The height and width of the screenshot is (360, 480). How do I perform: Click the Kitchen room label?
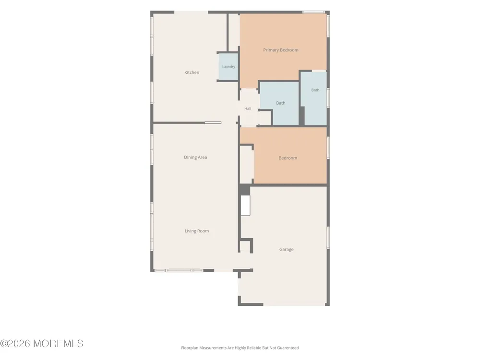pos(192,72)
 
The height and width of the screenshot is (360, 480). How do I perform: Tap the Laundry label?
pos(228,66)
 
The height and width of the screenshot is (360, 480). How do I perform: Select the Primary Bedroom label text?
pos(281,50)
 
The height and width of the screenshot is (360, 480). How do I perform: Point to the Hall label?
pos(248,108)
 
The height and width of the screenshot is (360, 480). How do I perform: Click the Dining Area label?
pos(195,157)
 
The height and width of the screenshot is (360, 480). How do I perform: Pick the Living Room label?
pos(197,231)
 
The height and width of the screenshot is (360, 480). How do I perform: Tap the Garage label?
pos(286,250)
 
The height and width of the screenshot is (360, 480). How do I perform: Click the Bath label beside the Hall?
pos(281,103)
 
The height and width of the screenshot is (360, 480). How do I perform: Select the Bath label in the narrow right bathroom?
pos(315,90)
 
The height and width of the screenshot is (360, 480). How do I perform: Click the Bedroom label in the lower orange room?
pos(288,158)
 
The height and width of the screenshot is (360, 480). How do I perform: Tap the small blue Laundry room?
pos(228,67)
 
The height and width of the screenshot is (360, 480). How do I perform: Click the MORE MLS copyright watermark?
pos(42,344)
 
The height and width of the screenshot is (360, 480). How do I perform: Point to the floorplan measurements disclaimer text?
pos(240,348)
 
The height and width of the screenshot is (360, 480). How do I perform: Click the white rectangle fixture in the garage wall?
pos(245,205)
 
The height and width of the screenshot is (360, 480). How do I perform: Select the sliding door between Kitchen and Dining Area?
pos(213,123)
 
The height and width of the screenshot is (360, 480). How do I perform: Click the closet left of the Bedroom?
pos(246,164)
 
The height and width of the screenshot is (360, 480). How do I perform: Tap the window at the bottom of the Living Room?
pos(178,271)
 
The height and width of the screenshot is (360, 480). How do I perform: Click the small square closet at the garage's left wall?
pos(245,246)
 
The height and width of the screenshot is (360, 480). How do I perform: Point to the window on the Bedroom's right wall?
pos(328,147)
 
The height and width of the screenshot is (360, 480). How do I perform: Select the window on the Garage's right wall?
pos(328,238)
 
